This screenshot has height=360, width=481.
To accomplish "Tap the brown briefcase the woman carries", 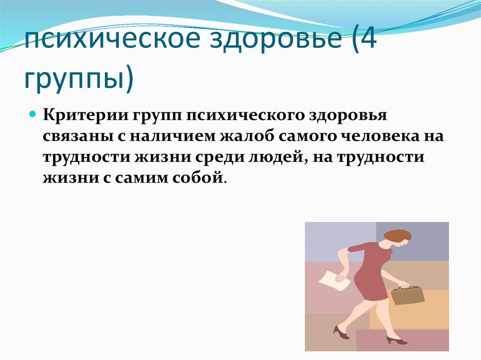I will click(x=407, y=295).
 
